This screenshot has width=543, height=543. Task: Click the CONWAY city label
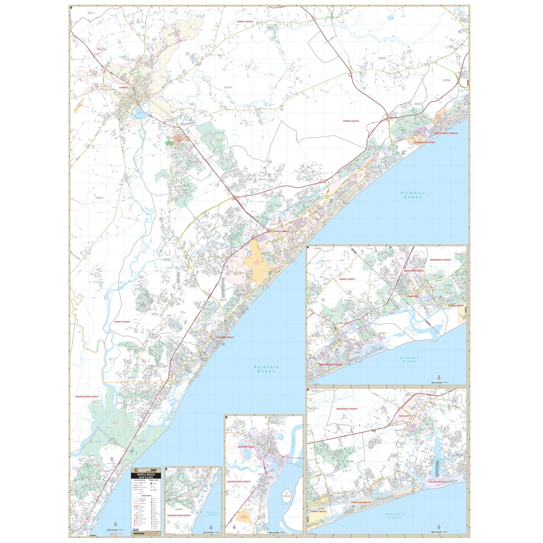coord(124,88)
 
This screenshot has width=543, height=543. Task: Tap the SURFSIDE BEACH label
coord(225,337)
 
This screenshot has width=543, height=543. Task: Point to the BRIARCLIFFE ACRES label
coord(425,143)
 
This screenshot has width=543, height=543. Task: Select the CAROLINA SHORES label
coord(413,271)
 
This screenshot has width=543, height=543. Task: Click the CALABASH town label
coord(412,296)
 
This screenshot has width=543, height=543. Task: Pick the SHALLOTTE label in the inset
coord(405,416)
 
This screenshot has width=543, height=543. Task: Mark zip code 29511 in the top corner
coord(91,13)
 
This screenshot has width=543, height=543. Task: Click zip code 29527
coord(100,198)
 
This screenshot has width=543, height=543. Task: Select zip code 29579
coord(262,179)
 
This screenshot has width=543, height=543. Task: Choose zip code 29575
coord(223,300)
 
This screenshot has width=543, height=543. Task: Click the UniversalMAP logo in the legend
coord(146,470)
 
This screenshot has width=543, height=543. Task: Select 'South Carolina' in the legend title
coord(146,477)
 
